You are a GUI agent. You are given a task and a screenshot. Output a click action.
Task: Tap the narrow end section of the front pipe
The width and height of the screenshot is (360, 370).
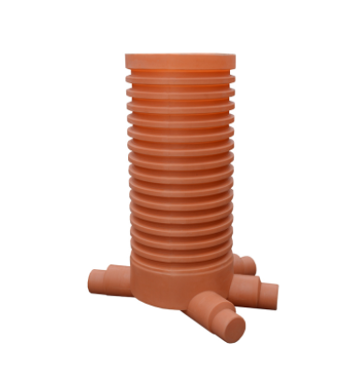coord(223,321)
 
